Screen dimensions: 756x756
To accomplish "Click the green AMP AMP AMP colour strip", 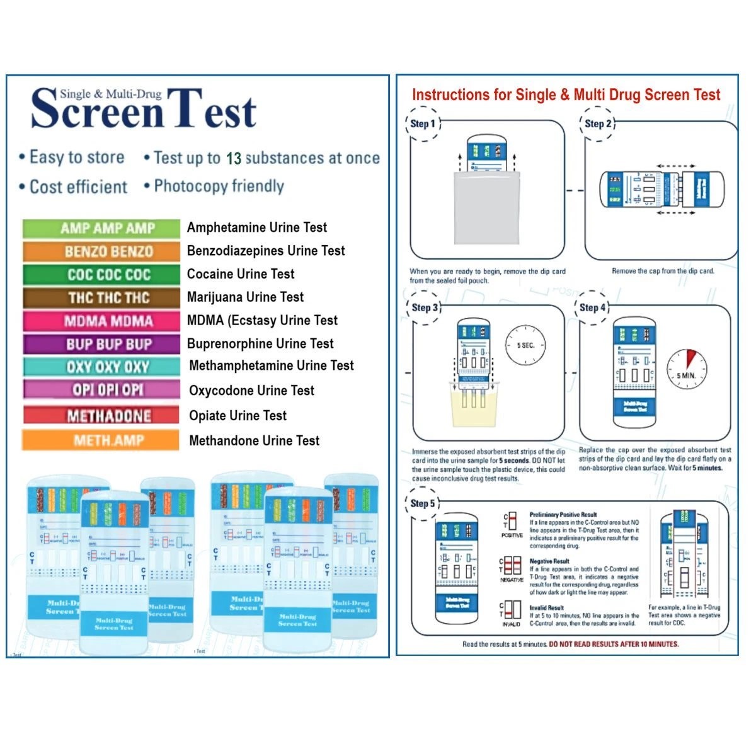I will [101, 228].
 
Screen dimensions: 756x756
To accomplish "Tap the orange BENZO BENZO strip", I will [101, 251].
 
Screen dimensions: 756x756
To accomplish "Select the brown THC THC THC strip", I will [101, 297].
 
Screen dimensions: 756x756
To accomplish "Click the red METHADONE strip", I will [101, 415].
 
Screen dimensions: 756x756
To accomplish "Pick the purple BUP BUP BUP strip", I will [101, 344].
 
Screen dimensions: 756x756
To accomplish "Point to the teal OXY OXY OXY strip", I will [101, 367].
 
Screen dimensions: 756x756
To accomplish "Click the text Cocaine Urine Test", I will [241, 274].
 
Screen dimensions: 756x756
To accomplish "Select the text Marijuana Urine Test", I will [245, 297].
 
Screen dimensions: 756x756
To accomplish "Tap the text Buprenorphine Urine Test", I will [260, 343].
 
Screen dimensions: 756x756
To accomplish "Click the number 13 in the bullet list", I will [234, 159].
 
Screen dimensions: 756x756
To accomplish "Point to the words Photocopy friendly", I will [219, 186].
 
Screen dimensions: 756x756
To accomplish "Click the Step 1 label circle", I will [423, 123].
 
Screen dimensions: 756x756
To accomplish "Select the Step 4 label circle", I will [592, 307].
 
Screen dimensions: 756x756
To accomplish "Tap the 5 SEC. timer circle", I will [525, 345].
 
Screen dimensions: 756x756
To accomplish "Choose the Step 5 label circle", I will [423, 503].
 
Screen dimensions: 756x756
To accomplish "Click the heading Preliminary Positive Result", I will [563, 515].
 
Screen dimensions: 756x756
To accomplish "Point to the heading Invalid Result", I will [546, 608].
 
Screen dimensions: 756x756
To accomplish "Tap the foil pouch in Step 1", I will [486, 208].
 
